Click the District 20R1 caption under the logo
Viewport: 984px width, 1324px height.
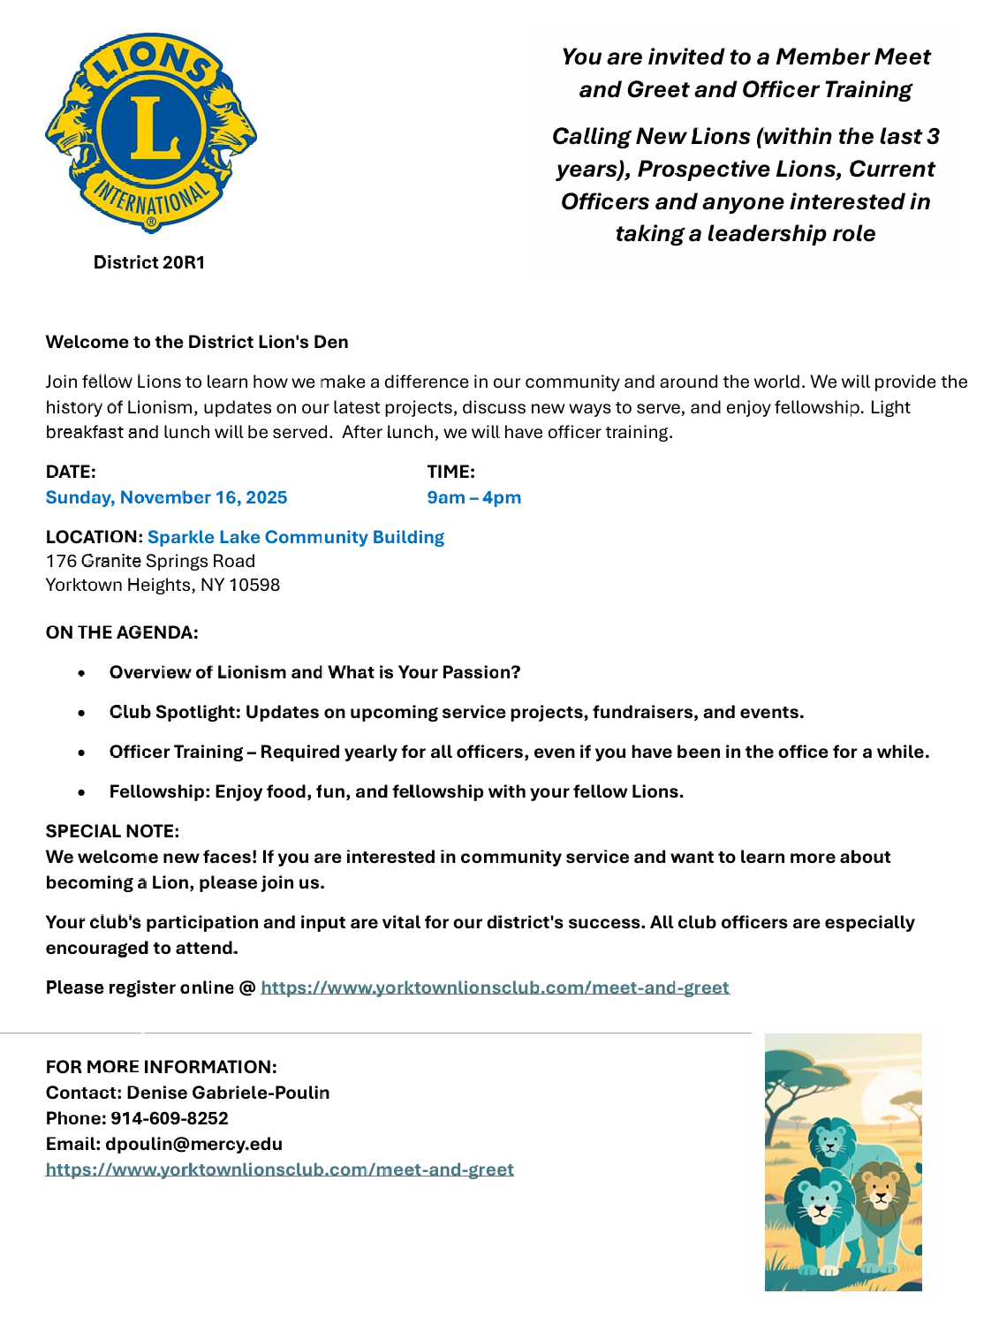click(149, 262)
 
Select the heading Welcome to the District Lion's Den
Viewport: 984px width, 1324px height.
click(197, 342)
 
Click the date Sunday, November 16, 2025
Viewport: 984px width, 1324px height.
click(166, 497)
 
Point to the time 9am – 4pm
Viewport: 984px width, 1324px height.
click(473, 497)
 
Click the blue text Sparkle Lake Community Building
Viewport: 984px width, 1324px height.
click(296, 537)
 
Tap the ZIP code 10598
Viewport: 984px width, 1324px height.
click(254, 585)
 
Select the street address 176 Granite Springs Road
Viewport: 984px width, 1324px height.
click(150, 561)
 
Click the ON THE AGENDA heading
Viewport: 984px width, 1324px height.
click(122, 632)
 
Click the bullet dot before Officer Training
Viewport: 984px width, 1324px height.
click(81, 753)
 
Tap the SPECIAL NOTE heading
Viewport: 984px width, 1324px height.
click(112, 831)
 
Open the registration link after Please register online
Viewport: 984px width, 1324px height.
click(495, 987)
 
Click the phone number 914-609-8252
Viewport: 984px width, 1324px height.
click(169, 1118)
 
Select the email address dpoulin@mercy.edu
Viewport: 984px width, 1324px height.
click(193, 1144)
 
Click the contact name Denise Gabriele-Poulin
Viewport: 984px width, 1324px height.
click(228, 1093)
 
